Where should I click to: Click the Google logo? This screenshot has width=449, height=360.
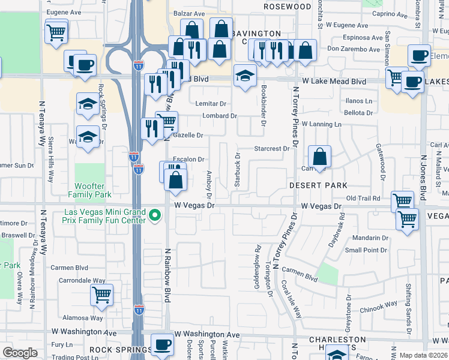pyautogui.click(x=20, y=353)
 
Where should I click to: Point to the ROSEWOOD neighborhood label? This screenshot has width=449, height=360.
pyautogui.click(x=287, y=7)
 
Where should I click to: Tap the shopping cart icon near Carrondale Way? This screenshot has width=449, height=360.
pyautogui.click(x=101, y=295)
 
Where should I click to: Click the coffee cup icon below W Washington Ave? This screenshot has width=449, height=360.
pyautogui.click(x=162, y=345)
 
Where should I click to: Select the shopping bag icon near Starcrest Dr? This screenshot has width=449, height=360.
pyautogui.click(x=320, y=157)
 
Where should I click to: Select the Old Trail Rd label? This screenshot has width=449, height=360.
pyautogui.click(x=364, y=198)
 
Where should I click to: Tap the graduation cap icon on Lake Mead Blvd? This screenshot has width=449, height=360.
pyautogui.click(x=245, y=76)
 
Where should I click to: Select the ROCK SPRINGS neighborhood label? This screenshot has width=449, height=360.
pyautogui.click(x=121, y=349)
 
